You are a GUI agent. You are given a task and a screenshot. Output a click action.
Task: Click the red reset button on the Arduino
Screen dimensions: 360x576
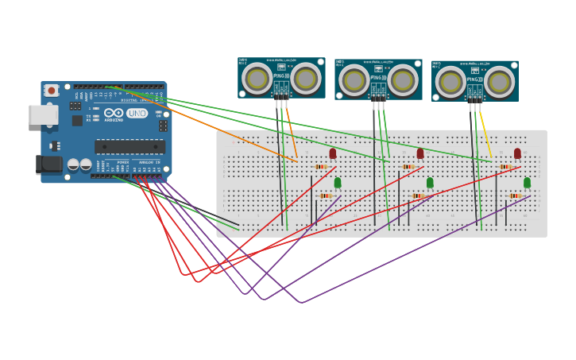point(52,91)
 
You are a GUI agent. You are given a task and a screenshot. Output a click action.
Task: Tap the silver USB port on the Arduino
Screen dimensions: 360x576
point(43,115)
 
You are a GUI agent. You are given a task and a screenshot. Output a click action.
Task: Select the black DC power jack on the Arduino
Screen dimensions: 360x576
point(49,165)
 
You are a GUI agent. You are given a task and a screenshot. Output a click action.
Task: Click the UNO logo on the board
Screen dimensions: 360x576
point(137,113)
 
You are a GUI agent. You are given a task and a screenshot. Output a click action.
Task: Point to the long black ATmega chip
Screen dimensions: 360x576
point(130,146)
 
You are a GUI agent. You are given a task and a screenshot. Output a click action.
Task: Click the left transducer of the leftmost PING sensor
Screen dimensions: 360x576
point(257,78)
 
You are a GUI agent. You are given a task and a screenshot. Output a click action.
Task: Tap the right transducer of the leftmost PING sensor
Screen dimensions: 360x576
point(306,78)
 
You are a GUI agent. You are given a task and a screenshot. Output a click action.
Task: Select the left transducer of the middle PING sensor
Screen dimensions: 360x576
point(354,79)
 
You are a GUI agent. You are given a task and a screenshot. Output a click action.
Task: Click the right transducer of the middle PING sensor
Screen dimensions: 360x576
point(403,79)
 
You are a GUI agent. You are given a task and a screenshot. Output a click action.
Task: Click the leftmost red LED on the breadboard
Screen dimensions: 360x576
point(333,153)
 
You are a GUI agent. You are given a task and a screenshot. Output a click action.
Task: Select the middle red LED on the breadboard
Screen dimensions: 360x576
point(420,153)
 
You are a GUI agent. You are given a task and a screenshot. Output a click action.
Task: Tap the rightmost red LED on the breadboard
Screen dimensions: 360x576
point(517,153)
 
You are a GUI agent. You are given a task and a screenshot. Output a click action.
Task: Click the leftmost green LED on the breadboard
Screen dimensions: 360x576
point(338,183)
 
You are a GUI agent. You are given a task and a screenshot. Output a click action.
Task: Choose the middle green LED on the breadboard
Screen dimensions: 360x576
point(430,183)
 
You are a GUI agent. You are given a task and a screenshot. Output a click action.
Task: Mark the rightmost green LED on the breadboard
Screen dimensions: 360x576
point(527,183)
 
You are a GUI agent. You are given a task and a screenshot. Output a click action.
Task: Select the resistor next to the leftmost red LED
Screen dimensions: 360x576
point(320,167)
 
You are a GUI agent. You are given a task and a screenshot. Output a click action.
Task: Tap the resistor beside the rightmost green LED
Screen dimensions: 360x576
point(515,195)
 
